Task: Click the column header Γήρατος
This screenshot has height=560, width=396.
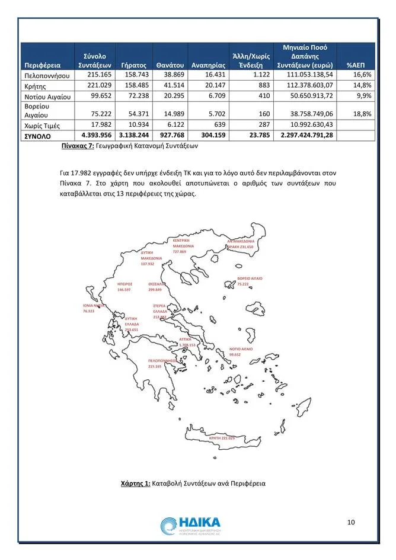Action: pyautogui.click(x=133, y=65)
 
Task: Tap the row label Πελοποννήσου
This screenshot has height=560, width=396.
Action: pyautogui.click(x=47, y=76)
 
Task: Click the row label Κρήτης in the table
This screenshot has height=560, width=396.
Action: pyautogui.click(x=35, y=86)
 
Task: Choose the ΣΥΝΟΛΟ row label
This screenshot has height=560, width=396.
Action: pyautogui.click(x=38, y=136)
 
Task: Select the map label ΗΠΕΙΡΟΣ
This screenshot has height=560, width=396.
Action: pyautogui.click(x=124, y=287)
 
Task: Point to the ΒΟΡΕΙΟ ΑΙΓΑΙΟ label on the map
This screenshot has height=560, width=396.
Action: pyautogui.click(x=250, y=281)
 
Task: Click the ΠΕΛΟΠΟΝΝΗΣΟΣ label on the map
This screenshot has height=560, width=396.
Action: pyautogui.click(x=162, y=363)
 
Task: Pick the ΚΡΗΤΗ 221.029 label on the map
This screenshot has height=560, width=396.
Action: pyautogui.click(x=222, y=438)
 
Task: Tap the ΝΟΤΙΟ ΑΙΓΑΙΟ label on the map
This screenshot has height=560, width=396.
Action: pyautogui.click(x=240, y=351)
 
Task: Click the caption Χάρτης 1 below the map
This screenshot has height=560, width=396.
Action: pyautogui.click(x=193, y=484)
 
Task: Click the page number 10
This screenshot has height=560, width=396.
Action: pyautogui.click(x=350, y=522)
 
